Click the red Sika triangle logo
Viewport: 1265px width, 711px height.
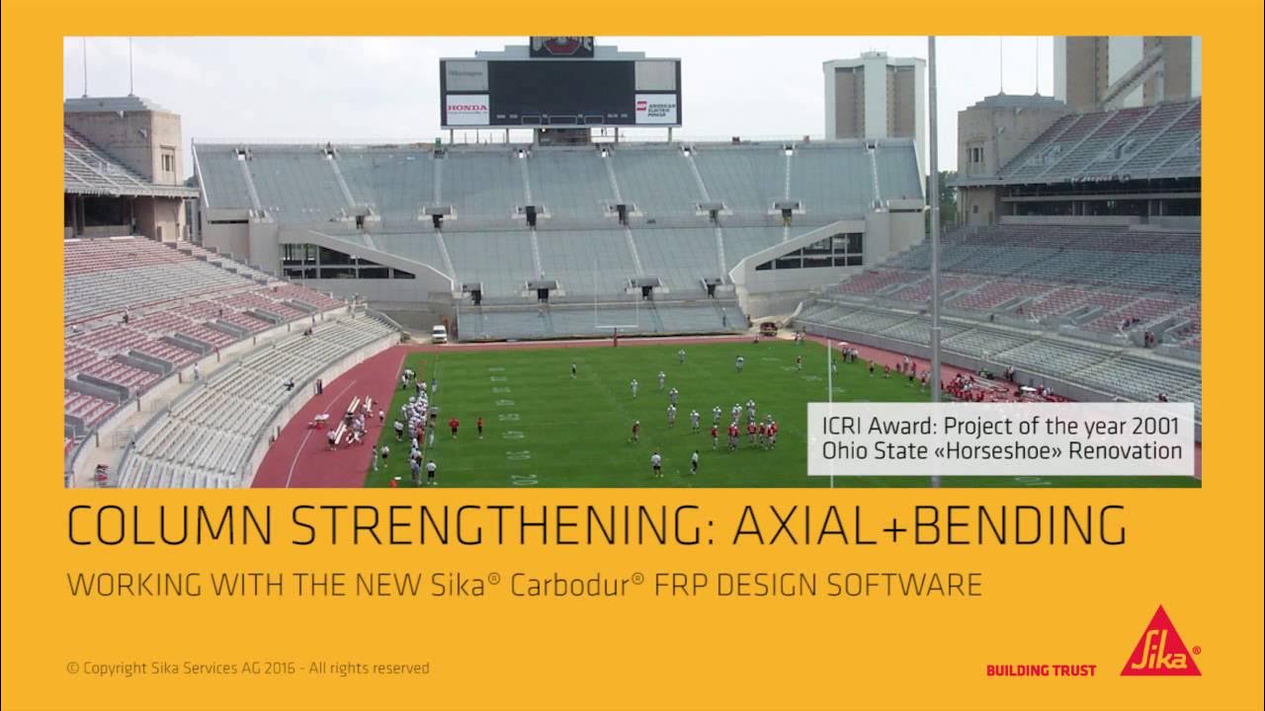click(1160, 644)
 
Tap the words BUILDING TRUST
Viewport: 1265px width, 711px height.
click(1041, 671)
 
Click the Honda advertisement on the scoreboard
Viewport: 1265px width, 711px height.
click(466, 108)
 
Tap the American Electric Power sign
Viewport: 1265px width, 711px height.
click(655, 108)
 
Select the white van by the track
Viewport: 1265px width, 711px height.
click(439, 334)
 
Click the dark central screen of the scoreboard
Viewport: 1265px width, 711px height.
click(560, 93)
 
